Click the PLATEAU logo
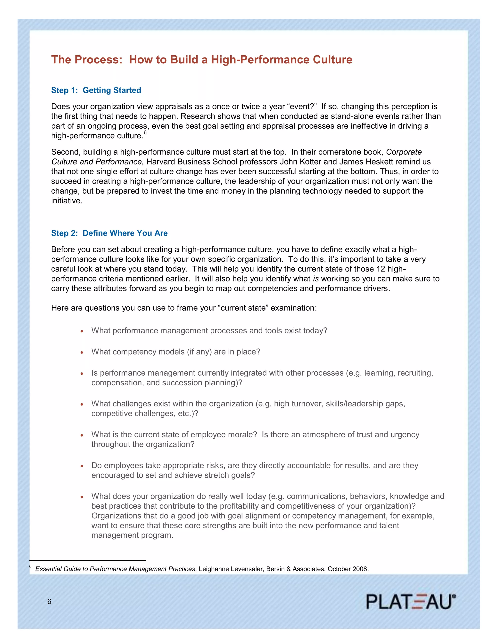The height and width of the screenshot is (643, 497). (x=411, y=602)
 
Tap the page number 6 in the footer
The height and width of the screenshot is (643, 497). (x=49, y=602)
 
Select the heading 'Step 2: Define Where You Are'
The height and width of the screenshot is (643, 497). (x=109, y=233)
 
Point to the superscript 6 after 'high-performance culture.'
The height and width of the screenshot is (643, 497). (x=145, y=132)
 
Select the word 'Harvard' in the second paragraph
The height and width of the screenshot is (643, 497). (x=161, y=162)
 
